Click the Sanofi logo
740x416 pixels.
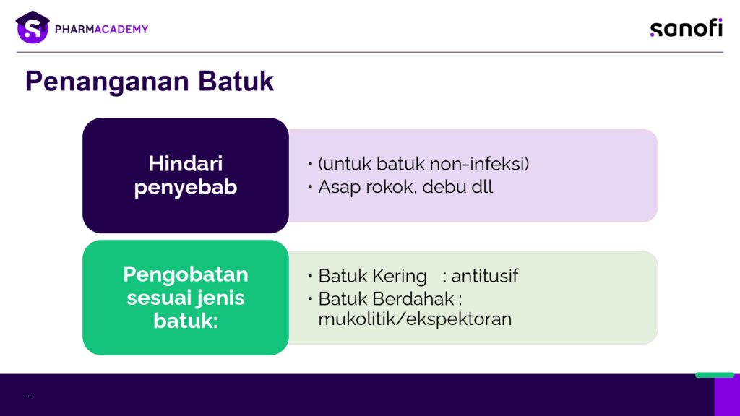(x=687, y=28)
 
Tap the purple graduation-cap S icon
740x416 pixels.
(x=33, y=27)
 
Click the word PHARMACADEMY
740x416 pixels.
(x=101, y=29)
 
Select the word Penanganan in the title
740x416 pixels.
(x=108, y=81)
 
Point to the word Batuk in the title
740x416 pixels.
(x=236, y=81)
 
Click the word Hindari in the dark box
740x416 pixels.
(x=186, y=164)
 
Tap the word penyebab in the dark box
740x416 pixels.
(x=186, y=188)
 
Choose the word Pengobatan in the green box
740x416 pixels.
(x=186, y=274)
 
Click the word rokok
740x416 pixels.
(x=391, y=187)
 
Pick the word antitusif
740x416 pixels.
(x=485, y=276)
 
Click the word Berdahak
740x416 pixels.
(x=413, y=298)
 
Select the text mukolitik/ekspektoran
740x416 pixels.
(x=415, y=319)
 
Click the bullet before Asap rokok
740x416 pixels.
(x=310, y=187)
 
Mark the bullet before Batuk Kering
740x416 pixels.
(x=310, y=276)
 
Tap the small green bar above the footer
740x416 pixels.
(x=715, y=375)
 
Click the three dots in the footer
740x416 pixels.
(x=27, y=396)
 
